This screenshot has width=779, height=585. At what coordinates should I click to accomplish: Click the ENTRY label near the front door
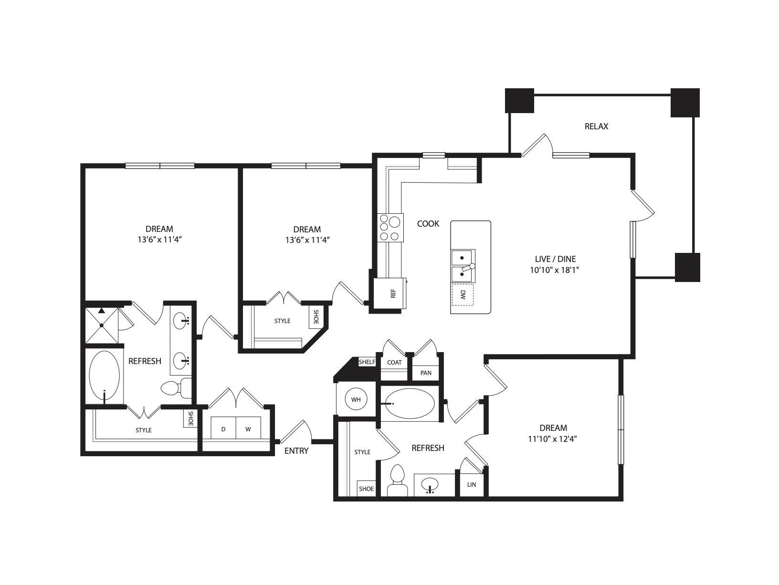pyautogui.click(x=296, y=451)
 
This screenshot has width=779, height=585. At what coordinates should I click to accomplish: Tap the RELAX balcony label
pyautogui.click(x=596, y=126)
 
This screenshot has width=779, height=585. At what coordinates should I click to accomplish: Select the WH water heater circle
pyautogui.click(x=356, y=400)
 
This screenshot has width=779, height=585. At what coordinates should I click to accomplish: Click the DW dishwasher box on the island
pyautogui.click(x=463, y=294)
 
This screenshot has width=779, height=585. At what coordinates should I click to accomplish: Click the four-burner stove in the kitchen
pyautogui.click(x=389, y=229)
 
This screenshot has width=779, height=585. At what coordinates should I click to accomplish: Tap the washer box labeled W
pyautogui.click(x=248, y=429)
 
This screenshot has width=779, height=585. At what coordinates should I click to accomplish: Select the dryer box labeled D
pyautogui.click(x=223, y=429)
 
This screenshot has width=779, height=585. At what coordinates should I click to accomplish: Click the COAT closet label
pyautogui.click(x=394, y=362)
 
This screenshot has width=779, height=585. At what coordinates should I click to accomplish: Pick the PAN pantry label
pyautogui.click(x=426, y=373)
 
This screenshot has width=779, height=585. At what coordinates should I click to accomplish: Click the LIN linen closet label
pyautogui.click(x=472, y=485)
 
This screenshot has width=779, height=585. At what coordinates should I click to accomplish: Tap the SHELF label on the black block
pyautogui.click(x=367, y=362)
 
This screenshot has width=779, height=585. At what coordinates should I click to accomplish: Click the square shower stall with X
pyautogui.click(x=102, y=325)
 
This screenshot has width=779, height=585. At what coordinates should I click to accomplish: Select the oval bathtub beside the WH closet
pyautogui.click(x=410, y=404)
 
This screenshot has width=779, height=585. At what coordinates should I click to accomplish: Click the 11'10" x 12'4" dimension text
pyautogui.click(x=553, y=439)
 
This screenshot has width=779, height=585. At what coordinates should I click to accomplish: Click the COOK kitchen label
pyautogui.click(x=428, y=224)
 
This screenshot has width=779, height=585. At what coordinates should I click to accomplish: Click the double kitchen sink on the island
pyautogui.click(x=462, y=265)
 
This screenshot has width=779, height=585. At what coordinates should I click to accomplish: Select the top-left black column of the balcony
pyautogui.click(x=519, y=101)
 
